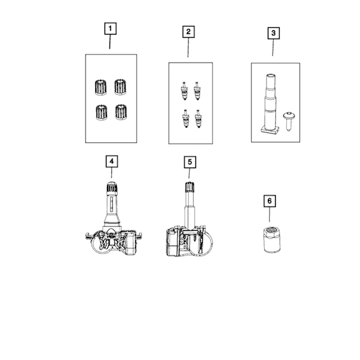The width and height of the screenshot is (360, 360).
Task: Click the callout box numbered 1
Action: click(110, 28)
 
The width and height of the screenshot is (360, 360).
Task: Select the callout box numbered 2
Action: click(189, 32)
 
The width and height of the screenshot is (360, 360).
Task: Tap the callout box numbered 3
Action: click(273, 33)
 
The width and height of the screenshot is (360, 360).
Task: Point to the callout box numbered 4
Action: click(111, 161)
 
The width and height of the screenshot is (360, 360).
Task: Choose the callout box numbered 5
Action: click(190, 162)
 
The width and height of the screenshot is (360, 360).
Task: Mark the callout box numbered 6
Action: click(270, 201)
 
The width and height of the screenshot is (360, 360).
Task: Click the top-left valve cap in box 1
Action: click(101, 87)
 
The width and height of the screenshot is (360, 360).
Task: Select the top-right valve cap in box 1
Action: click(120, 87)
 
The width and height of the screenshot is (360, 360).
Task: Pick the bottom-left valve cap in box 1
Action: click(101, 113)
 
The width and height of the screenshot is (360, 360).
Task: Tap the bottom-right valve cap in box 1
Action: click(121, 112)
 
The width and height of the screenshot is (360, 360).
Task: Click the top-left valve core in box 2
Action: click(184, 91)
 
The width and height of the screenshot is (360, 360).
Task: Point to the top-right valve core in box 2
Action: click(197, 91)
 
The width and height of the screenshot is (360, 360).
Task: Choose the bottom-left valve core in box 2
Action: click(186, 119)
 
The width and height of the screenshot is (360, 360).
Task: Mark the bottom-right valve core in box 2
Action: click(199, 119)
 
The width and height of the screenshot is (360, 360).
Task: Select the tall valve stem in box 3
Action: click(270, 105)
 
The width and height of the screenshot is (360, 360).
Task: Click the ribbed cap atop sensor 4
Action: click(112, 187)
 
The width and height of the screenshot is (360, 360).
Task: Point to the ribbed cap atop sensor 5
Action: click(190, 187)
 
